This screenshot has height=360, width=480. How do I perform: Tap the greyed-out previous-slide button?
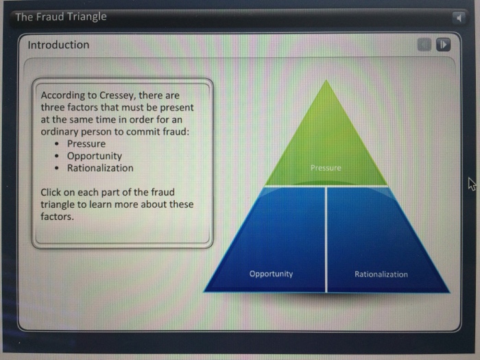point(425,45)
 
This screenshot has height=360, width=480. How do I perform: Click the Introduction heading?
point(58,45)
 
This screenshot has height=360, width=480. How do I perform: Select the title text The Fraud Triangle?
point(61,16)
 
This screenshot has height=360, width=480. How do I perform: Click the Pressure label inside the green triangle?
point(325,167)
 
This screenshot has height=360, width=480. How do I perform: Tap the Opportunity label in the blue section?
point(271,274)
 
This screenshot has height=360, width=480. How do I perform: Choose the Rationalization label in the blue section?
point(381,274)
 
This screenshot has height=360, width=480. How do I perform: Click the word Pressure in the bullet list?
point(86,144)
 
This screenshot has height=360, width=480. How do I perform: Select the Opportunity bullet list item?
point(95,156)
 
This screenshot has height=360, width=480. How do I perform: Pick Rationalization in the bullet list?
point(100,168)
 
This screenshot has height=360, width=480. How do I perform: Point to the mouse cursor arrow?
point(471,182)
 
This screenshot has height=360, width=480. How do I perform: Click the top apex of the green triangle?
point(327,82)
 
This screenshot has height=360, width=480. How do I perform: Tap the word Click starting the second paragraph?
point(52,192)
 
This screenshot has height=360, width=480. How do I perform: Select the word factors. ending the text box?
point(57,217)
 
